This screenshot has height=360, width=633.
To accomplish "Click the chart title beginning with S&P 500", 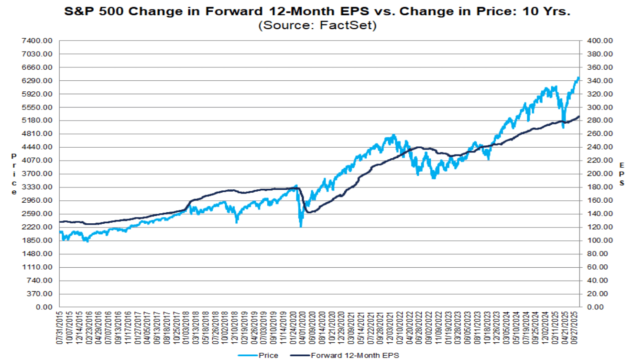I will [317, 11].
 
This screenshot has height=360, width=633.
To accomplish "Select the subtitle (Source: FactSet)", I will [317, 25].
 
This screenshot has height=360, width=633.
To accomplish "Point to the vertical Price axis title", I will [14, 174].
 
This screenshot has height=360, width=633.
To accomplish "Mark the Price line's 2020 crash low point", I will [301, 226].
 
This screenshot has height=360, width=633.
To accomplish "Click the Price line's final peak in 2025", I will [578, 77].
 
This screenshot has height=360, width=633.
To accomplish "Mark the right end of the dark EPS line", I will [579, 116].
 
